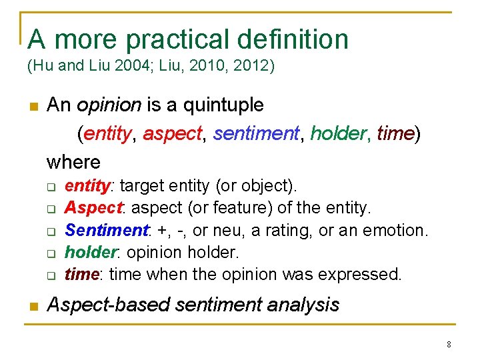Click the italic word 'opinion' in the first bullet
[x=109, y=105]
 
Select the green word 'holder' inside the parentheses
[x=340, y=133]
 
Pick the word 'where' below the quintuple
[x=73, y=161]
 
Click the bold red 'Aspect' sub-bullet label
[x=93, y=208]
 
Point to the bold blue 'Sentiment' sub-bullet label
[x=106, y=231]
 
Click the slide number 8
[x=449, y=345]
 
